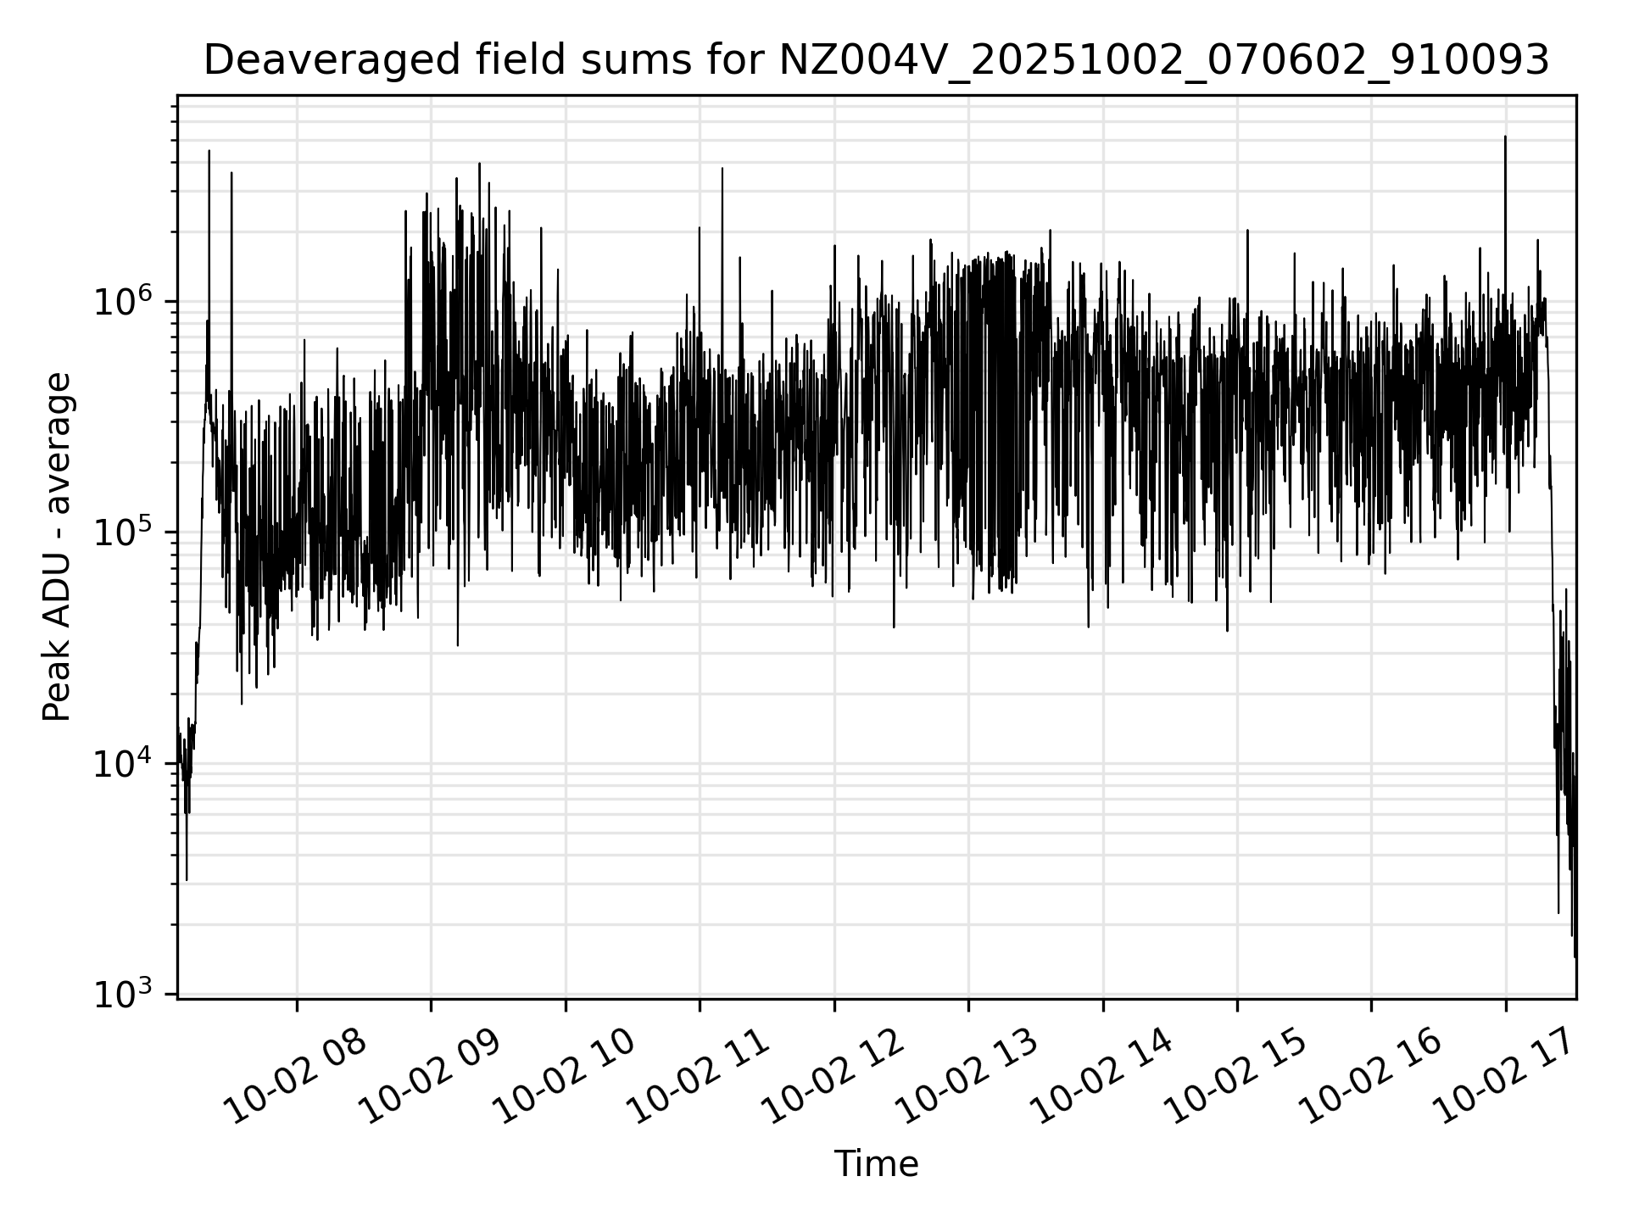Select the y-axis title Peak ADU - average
58,548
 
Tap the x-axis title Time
876,1164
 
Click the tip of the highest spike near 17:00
1505,137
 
